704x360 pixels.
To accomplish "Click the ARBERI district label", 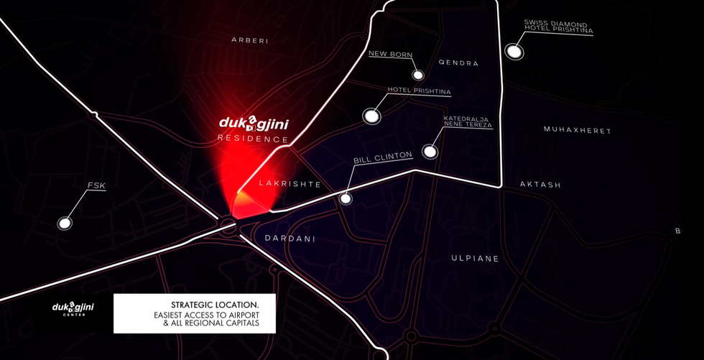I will click(250, 41).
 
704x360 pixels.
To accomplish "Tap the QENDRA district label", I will click(458, 63).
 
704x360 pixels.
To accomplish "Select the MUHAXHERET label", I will click(578, 131).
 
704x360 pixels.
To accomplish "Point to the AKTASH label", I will click(540, 185).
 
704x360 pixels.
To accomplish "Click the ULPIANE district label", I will click(475, 258).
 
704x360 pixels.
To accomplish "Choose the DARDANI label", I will click(290, 238).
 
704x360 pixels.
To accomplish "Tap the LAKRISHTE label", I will click(290, 184).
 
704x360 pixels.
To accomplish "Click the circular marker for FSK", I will click(65, 223).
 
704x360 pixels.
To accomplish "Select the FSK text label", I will click(96, 186).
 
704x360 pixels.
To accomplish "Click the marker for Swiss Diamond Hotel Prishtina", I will click(514, 51).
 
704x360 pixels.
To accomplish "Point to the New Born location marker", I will click(418, 75).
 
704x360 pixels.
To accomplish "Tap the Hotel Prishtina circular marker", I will click(371, 115).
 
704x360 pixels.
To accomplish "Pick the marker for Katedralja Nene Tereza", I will click(430, 152).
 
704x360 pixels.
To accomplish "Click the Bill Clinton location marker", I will click(346, 198).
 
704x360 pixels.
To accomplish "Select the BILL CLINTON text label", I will click(383, 156).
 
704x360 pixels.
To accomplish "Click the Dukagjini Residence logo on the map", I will click(254, 128).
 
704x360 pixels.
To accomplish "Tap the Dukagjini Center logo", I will click(73, 308).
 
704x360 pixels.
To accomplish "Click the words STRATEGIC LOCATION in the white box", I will click(215, 305).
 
